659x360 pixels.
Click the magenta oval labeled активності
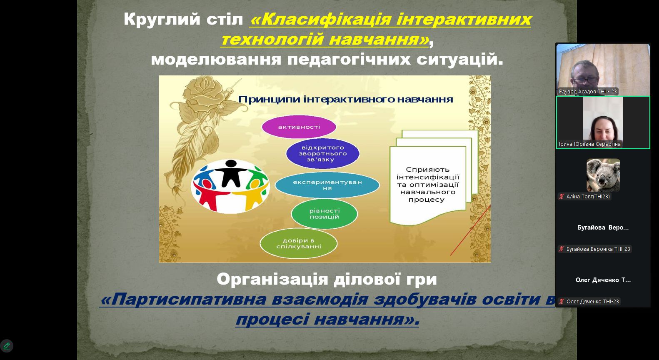[299, 127]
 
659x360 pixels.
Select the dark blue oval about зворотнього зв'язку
[323, 153]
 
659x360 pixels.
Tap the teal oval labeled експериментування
[327, 185]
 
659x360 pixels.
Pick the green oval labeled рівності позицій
[324, 214]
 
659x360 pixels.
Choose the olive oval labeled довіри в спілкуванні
[298, 243]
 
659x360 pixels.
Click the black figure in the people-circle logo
[231, 173]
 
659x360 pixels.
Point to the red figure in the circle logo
[210, 195]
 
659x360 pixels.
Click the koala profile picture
[603, 175]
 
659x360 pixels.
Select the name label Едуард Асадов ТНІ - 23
[587, 92]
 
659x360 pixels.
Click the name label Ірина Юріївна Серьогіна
[589, 144]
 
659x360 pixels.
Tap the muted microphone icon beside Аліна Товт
[562, 196]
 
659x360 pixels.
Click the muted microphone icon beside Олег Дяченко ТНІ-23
[562, 301]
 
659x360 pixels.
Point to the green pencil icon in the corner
[7, 346]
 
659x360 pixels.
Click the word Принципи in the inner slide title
[269, 100]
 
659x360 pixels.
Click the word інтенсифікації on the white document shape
[428, 177]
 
